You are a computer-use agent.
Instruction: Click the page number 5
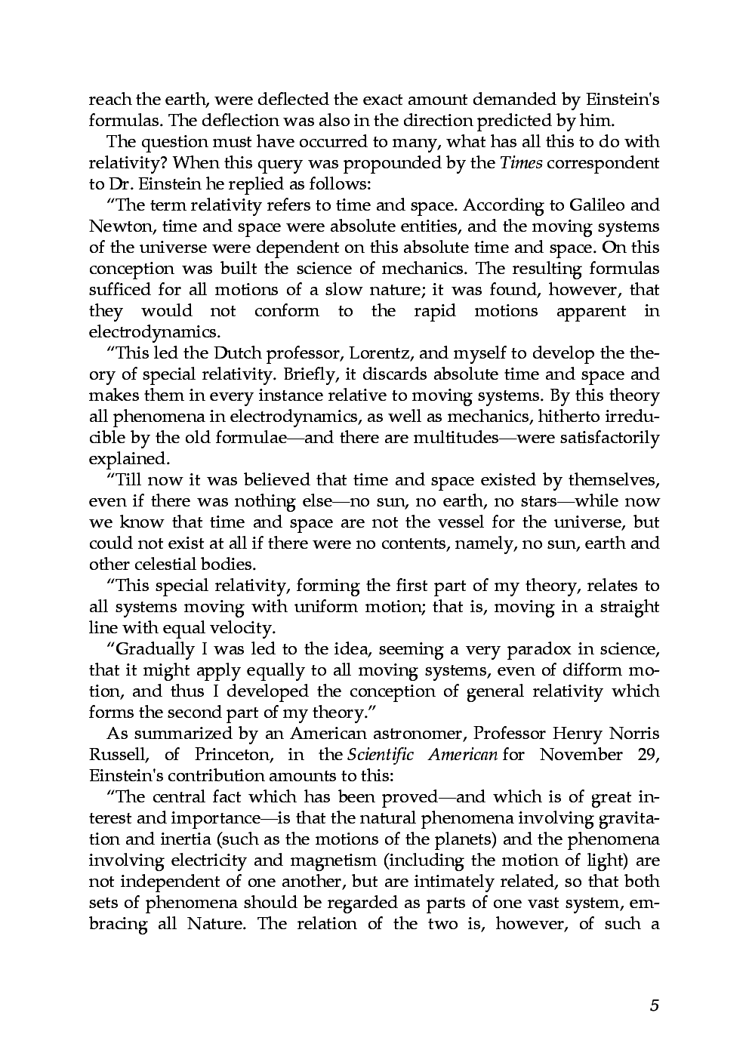tap(654, 1005)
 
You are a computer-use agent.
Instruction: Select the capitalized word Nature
tap(214, 924)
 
